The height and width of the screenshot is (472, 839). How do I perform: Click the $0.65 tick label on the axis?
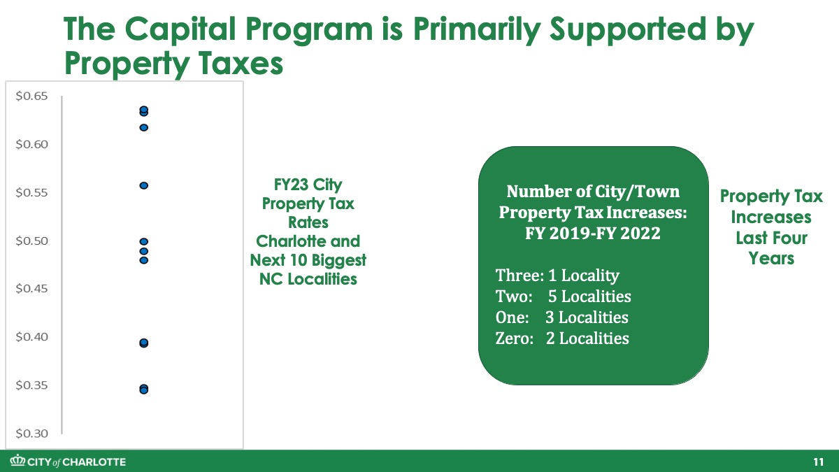(x=32, y=96)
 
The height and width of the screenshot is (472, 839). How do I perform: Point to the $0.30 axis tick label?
(x=32, y=434)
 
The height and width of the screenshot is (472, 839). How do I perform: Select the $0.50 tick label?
(x=32, y=241)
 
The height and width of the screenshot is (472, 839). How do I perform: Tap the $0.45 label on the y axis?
(x=32, y=289)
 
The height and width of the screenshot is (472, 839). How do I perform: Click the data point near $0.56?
(x=144, y=185)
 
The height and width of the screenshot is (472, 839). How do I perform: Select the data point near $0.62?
(x=144, y=128)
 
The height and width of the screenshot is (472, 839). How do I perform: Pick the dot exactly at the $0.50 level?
(x=144, y=242)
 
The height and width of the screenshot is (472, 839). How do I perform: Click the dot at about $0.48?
(x=144, y=260)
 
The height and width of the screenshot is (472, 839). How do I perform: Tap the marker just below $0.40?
(x=144, y=343)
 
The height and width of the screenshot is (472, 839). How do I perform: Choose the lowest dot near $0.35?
(x=144, y=390)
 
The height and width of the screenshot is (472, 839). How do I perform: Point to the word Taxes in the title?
(x=240, y=64)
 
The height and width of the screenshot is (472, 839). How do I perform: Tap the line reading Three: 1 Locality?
(x=557, y=276)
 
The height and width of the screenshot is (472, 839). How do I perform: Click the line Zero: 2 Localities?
(x=562, y=338)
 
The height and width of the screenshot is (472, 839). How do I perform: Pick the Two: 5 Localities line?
(x=564, y=296)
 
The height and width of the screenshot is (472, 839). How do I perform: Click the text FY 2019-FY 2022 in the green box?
(x=593, y=234)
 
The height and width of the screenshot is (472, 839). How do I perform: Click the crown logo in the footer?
(x=17, y=460)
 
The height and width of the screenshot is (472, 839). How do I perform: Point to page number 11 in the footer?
(x=819, y=462)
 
